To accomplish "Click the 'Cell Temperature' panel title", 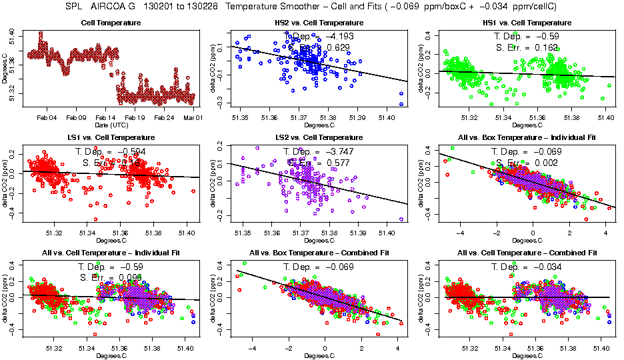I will (x=111, y=23).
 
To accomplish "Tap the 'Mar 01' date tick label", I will (x=193, y=118).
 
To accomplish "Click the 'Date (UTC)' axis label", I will (x=111, y=125).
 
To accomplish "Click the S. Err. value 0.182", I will (x=543, y=47).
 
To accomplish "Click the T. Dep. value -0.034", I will (x=543, y=267).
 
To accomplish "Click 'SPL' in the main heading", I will (x=79, y=7).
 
